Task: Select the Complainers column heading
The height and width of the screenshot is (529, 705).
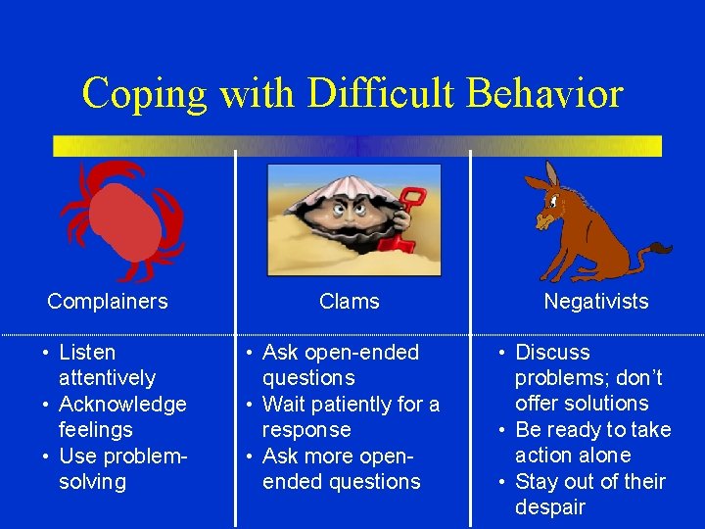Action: (108, 302)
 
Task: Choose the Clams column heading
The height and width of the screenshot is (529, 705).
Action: (349, 302)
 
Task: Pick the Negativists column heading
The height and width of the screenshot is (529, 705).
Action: (595, 302)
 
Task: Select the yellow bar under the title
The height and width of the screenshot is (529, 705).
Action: (357, 146)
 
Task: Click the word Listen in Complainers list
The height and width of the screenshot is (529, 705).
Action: (87, 353)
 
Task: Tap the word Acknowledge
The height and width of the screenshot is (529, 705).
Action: (122, 404)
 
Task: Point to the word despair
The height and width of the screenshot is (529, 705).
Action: (549, 507)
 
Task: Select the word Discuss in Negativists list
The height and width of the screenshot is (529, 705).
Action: (552, 353)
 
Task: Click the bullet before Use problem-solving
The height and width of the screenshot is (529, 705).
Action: (46, 457)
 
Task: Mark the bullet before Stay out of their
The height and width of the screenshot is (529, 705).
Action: (502, 482)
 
